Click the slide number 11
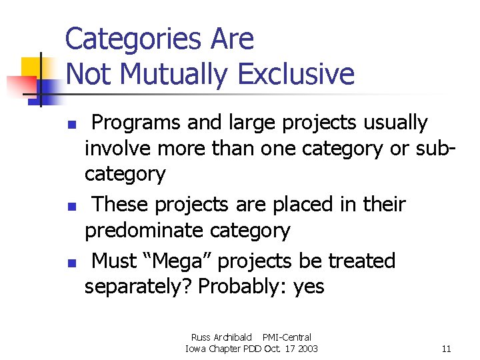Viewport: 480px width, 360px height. point(446,349)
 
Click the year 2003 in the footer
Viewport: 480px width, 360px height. point(307,349)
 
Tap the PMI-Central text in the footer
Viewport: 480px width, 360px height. point(287,337)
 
